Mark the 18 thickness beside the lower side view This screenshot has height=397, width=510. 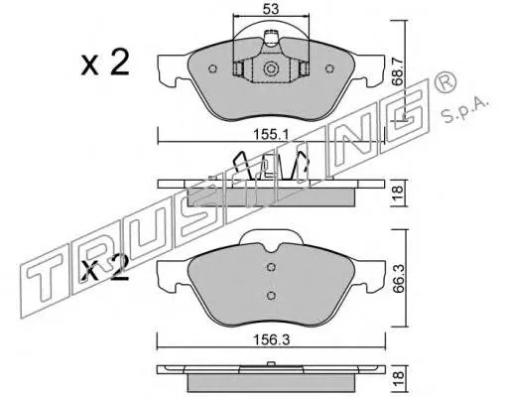pos(398,377)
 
